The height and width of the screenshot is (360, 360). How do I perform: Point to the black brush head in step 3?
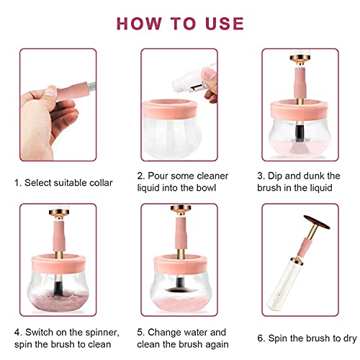pos(297,134)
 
